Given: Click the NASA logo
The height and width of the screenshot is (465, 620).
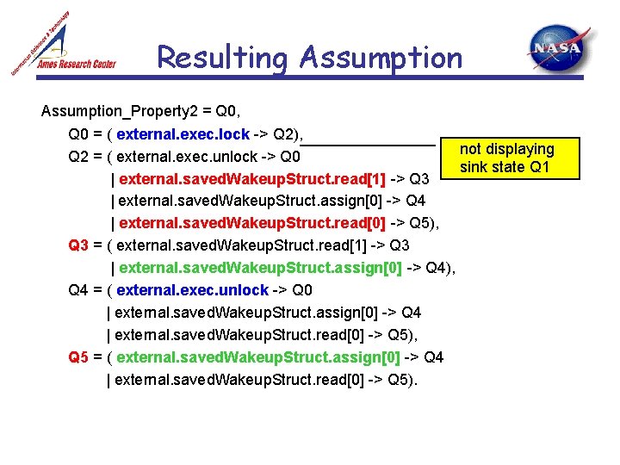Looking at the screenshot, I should [x=559, y=49].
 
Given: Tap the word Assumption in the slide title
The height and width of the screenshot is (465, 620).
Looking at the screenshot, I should [x=381, y=58].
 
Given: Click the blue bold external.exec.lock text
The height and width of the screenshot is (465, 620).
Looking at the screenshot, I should [x=183, y=134].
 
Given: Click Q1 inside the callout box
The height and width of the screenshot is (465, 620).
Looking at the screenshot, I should [x=540, y=166].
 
